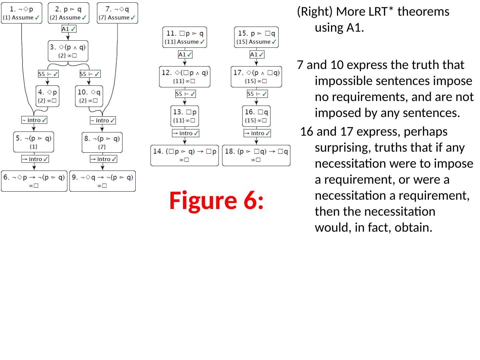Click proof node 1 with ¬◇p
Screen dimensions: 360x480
22,13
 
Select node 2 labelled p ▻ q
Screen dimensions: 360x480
68,13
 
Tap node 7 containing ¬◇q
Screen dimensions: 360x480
117,13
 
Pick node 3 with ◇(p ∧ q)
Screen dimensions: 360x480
68,51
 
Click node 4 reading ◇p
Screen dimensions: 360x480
47,96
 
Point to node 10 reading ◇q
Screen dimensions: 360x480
89,96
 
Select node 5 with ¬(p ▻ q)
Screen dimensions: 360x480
34,142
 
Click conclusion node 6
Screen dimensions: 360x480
34,181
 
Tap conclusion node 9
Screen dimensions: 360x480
102,181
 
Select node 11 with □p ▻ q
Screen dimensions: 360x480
185,37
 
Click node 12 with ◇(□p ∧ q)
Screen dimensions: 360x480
185,77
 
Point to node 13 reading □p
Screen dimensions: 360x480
185,116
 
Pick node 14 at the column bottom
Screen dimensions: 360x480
185,155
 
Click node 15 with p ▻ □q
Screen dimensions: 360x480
256,37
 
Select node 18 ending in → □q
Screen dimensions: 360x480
256,155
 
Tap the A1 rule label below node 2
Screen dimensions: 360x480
69,29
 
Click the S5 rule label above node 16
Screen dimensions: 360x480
257,94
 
